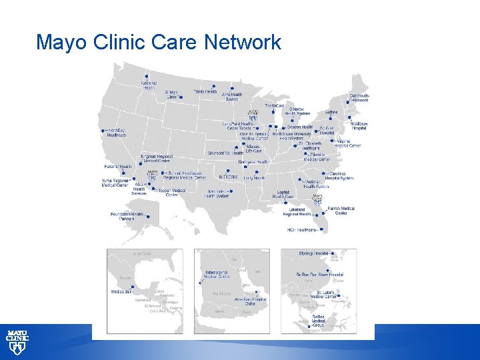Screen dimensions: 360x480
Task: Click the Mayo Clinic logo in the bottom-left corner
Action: pyautogui.click(x=17, y=341)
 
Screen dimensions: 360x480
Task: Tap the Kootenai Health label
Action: pyautogui.click(x=149, y=84)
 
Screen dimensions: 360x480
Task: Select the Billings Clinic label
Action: pyautogui.click(x=173, y=95)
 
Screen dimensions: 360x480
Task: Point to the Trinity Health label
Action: pyautogui.click(x=205, y=91)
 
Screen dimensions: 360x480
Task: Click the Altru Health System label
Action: pyautogui.click(x=231, y=97)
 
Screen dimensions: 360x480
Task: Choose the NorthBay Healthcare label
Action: pyautogui.click(x=117, y=132)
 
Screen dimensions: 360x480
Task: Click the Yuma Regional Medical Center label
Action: pyautogui.click(x=115, y=183)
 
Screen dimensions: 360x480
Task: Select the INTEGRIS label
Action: pyautogui.click(x=228, y=177)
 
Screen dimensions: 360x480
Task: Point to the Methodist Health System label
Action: pyautogui.click(x=217, y=193)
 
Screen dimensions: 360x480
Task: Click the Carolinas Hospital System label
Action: pyautogui.click(x=339, y=176)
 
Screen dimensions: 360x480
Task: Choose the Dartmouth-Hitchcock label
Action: pyautogui.click(x=359, y=98)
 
